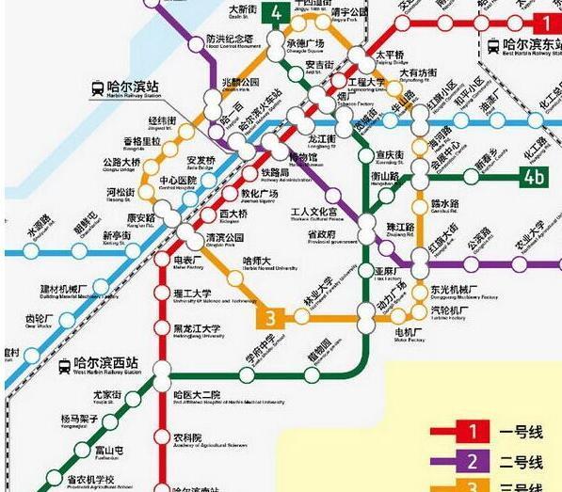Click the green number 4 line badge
(276, 14)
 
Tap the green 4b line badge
(534, 176)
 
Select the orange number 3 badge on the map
(270, 318)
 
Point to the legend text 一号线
(522, 433)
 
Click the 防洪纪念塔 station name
(230, 40)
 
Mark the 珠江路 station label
(400, 228)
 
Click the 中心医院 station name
(179, 181)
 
